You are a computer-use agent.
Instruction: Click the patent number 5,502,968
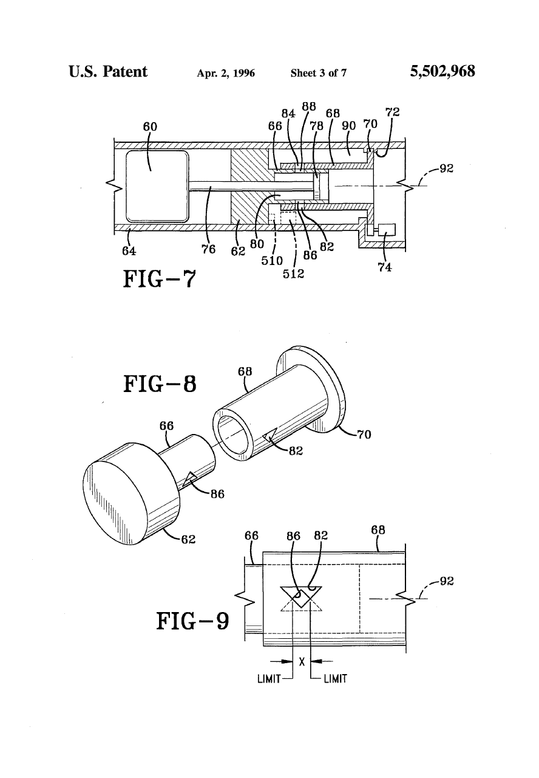click(x=442, y=72)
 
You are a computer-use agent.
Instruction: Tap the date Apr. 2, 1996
click(x=226, y=74)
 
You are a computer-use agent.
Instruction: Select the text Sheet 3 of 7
click(x=319, y=73)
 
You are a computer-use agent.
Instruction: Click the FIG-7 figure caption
click(x=160, y=279)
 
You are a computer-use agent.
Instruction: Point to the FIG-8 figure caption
click(x=160, y=384)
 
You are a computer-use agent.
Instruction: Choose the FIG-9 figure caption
click(x=192, y=621)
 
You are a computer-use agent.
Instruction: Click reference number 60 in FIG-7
click(x=150, y=127)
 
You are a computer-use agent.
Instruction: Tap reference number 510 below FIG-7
click(x=272, y=260)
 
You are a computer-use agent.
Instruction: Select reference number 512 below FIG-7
click(x=293, y=274)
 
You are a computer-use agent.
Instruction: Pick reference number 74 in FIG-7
click(x=385, y=267)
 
